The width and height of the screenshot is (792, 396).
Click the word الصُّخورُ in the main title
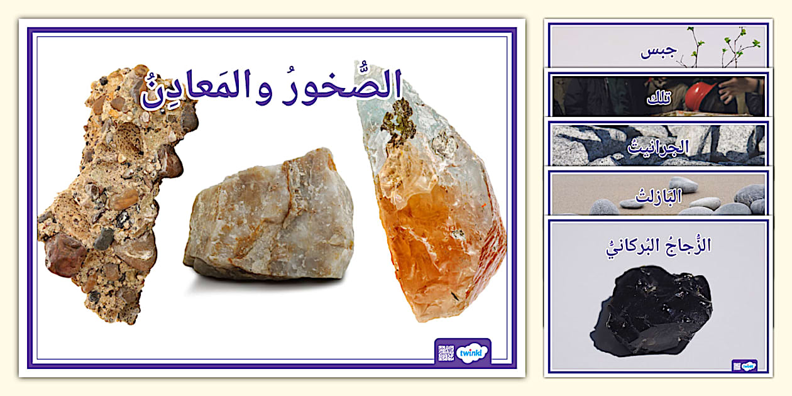click(342, 87)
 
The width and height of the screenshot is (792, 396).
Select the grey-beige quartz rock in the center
click(269, 219)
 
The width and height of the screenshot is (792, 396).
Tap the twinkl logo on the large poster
click(471, 353)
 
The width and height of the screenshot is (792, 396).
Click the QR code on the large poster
click(446, 353)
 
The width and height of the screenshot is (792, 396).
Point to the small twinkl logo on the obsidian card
click(749, 366)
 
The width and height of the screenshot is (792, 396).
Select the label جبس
click(659, 52)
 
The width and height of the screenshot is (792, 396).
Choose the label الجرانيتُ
click(658, 147)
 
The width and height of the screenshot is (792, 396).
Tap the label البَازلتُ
click(658, 196)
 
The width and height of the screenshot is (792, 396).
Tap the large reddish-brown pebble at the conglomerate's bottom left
click(65, 255)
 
